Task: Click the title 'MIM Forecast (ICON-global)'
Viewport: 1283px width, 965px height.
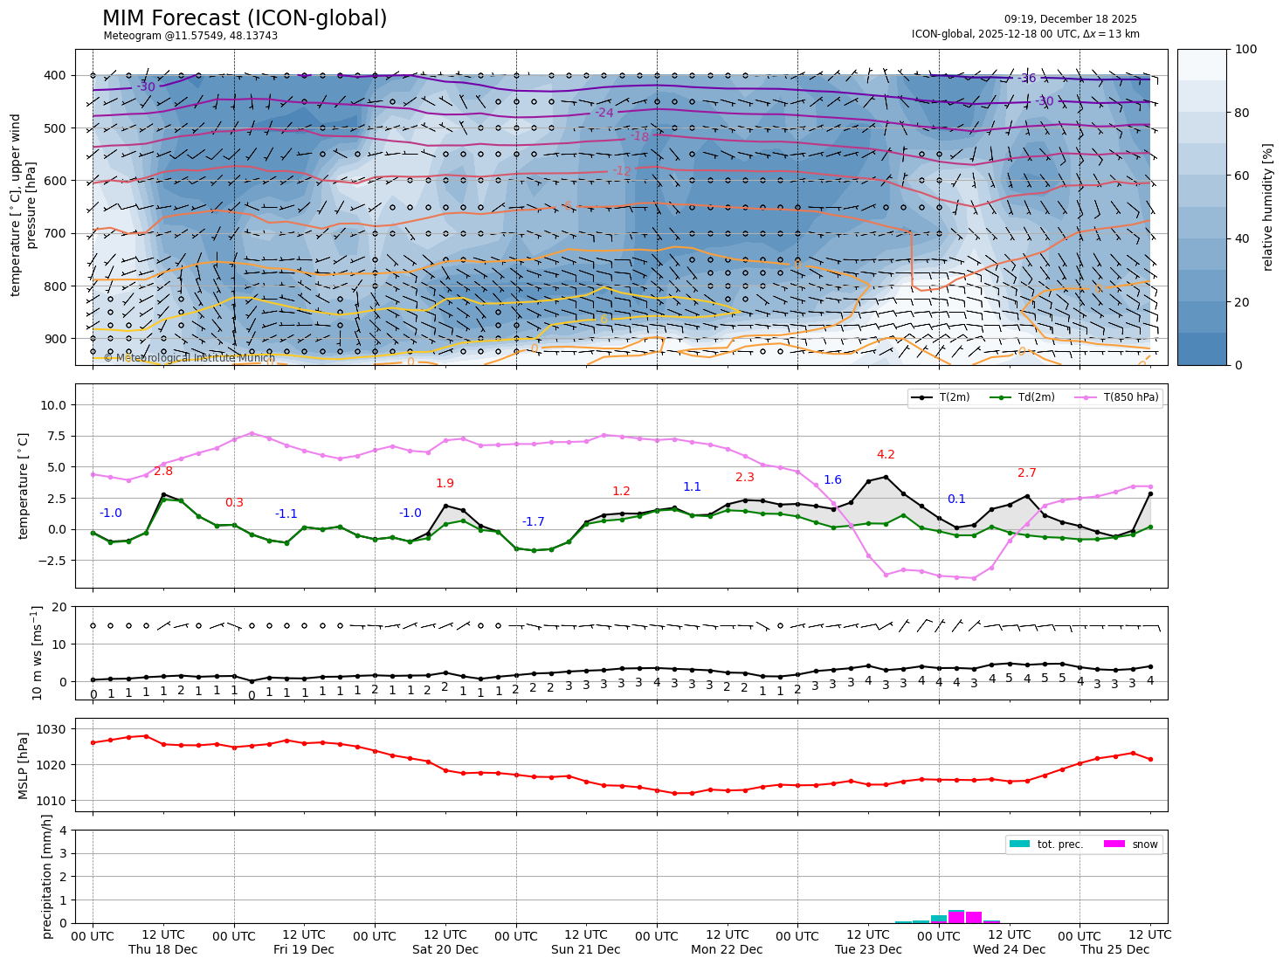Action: click(245, 18)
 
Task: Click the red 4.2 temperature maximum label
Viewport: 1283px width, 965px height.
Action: click(886, 455)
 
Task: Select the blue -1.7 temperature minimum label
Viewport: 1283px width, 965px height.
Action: click(533, 522)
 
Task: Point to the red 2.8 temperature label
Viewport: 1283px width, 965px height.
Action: click(163, 472)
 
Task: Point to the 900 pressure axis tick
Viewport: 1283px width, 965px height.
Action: click(54, 339)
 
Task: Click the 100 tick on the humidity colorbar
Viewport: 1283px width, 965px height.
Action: click(1246, 50)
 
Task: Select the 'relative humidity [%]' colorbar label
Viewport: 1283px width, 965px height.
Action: click(1268, 207)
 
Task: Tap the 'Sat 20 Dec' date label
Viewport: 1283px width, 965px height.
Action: click(445, 949)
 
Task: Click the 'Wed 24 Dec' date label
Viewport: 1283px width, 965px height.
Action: click(1010, 949)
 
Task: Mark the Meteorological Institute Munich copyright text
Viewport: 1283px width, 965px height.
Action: click(190, 358)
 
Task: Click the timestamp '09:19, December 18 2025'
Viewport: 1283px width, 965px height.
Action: click(1070, 19)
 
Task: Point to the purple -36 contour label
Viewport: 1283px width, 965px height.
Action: click(1027, 79)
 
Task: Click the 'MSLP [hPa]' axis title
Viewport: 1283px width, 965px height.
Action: click(24, 765)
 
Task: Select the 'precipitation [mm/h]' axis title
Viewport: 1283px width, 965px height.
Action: click(47, 876)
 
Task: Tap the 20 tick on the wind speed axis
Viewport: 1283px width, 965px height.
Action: click(59, 607)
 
